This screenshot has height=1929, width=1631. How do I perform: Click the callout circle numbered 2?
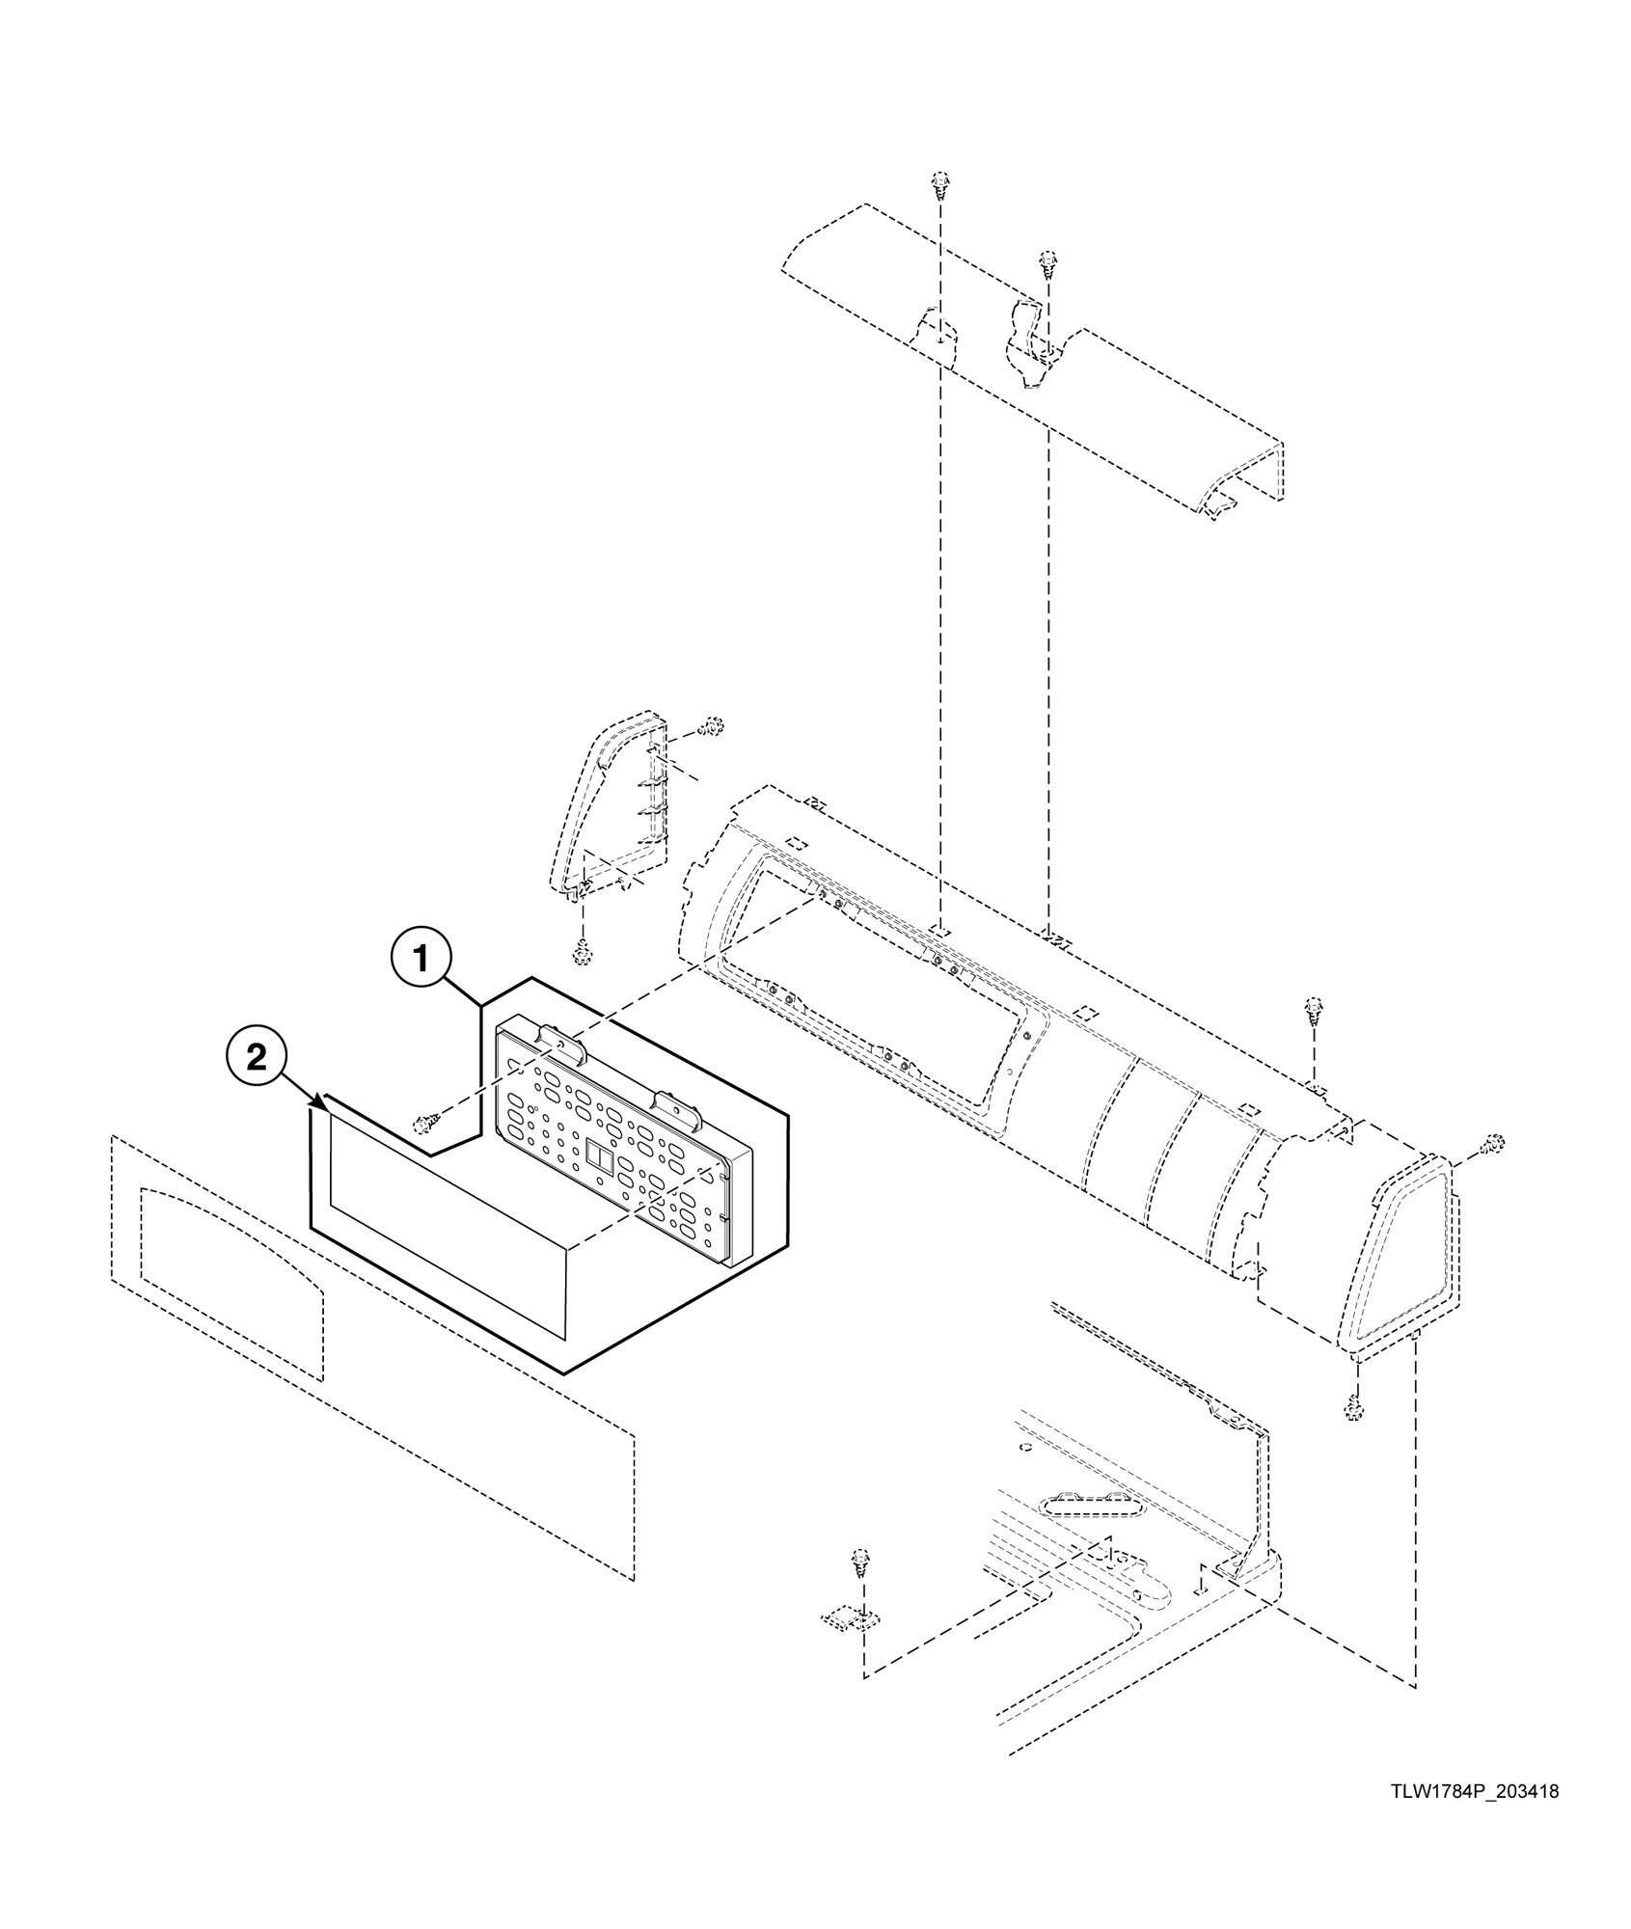tap(257, 1058)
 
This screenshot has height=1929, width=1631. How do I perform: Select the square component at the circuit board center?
tap(599, 1156)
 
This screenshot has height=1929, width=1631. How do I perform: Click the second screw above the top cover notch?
tap(1047, 262)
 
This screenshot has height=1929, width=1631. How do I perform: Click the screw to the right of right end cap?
tap(1493, 1144)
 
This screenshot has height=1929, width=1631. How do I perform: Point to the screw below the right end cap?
tap(1353, 1411)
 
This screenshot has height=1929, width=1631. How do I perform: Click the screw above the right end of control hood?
tap(1313, 1008)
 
